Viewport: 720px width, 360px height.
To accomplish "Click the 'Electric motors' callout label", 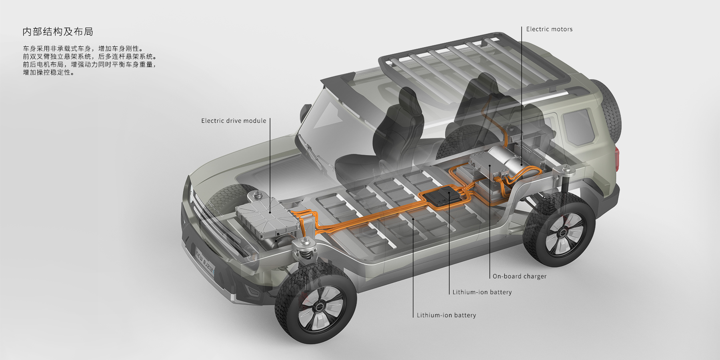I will (549, 29).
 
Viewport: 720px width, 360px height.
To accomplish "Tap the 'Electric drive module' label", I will (234, 121).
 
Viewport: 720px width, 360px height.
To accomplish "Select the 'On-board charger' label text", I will (519, 276).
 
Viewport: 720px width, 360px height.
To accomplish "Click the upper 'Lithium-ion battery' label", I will (482, 292).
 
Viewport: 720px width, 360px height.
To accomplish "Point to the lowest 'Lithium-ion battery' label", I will (446, 316).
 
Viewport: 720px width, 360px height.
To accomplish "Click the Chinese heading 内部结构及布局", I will (58, 32).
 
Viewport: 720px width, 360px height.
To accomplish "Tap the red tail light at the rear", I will (618, 158).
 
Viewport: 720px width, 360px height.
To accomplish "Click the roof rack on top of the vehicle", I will (472, 60).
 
